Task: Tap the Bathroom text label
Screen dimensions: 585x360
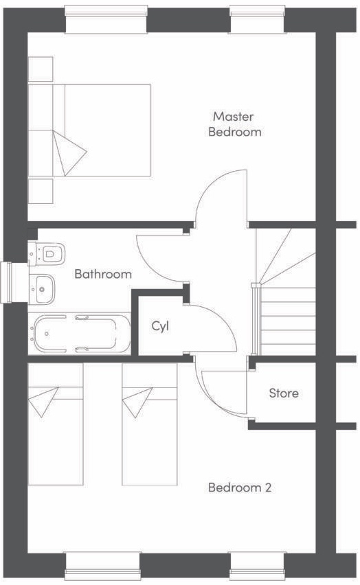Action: pyautogui.click(x=103, y=274)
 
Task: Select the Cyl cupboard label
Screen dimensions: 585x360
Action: pyautogui.click(x=160, y=325)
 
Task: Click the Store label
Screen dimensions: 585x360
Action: pyautogui.click(x=283, y=393)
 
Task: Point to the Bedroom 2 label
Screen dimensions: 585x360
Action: pyautogui.click(x=240, y=487)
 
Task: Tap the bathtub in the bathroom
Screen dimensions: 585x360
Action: pyautogui.click(x=79, y=334)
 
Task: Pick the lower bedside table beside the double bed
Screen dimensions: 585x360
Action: pyautogui.click(x=41, y=190)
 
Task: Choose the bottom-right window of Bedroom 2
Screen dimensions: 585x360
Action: pyautogui.click(x=257, y=565)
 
